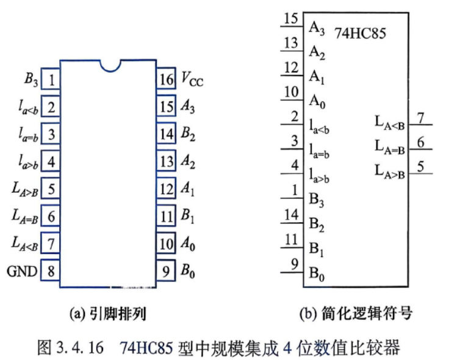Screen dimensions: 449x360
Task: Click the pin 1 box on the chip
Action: click(51, 79)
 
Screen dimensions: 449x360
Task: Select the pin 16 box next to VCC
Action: click(166, 79)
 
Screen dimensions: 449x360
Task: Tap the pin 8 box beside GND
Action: click(51, 270)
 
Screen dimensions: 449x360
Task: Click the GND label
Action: click(22, 271)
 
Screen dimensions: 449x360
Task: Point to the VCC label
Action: click(192, 79)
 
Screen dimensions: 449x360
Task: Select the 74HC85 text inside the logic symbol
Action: click(360, 33)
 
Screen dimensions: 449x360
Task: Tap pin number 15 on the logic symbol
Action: click(291, 18)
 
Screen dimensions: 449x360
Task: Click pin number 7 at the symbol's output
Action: click(420, 118)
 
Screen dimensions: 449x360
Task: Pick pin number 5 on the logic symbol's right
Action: click(420, 167)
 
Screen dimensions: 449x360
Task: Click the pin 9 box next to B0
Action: click(166, 270)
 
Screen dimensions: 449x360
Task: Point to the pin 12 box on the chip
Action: click(166, 189)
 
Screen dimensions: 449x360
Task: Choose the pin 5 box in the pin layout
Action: click(51, 188)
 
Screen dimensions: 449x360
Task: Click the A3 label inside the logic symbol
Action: click(317, 29)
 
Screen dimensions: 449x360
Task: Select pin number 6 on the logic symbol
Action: click(420, 142)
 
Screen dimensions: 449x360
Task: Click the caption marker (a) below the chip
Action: click(77, 314)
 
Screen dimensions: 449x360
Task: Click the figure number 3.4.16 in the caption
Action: click(79, 347)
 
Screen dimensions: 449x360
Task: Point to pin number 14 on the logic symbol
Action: click(292, 215)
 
